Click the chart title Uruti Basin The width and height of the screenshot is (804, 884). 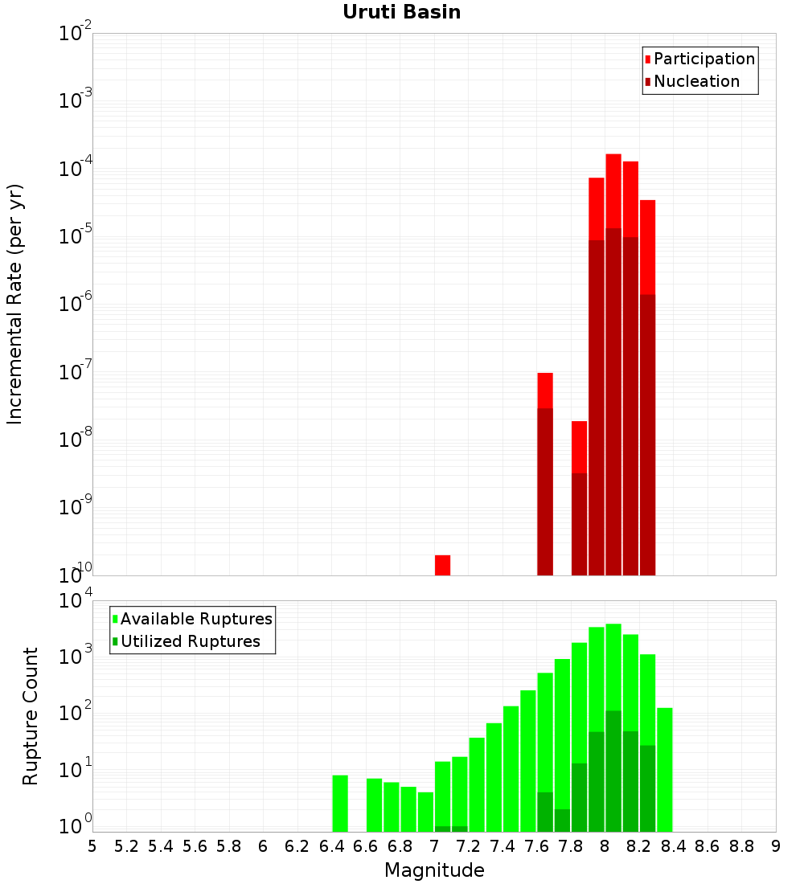click(401, 12)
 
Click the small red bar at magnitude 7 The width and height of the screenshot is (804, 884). click(442, 565)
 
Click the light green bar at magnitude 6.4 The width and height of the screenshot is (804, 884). click(340, 803)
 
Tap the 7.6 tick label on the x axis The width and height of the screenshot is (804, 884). click(536, 846)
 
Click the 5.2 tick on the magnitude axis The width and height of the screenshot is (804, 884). click(126, 846)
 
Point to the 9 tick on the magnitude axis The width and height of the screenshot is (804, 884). click(776, 846)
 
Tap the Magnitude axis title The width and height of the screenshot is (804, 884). click(434, 870)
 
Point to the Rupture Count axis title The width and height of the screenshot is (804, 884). click(31, 716)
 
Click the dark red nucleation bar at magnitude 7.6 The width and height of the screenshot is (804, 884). click(545, 491)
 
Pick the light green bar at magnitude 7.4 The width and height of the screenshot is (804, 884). click(511, 768)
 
